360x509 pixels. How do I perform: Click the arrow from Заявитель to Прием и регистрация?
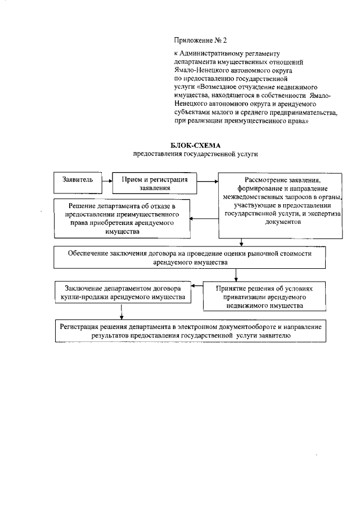click(x=106, y=181)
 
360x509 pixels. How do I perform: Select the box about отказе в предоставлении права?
click(x=122, y=219)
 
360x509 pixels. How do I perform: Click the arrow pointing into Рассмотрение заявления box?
click(x=208, y=181)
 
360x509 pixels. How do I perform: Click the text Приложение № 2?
click(x=194, y=40)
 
